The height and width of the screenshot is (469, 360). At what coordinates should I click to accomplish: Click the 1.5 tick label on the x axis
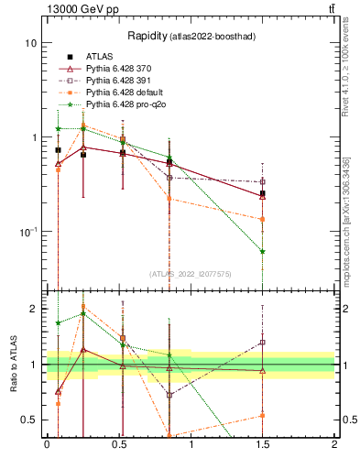(x=262, y=444)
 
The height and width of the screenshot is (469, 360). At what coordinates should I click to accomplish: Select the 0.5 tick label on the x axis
(x=118, y=444)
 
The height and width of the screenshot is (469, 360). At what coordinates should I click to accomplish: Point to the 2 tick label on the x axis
(x=334, y=444)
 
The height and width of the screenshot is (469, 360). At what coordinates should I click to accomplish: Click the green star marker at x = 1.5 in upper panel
(x=263, y=251)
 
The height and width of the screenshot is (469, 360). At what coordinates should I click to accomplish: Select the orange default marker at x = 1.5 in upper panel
(x=263, y=219)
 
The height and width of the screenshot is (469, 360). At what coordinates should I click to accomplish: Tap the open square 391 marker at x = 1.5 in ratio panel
(x=263, y=343)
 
